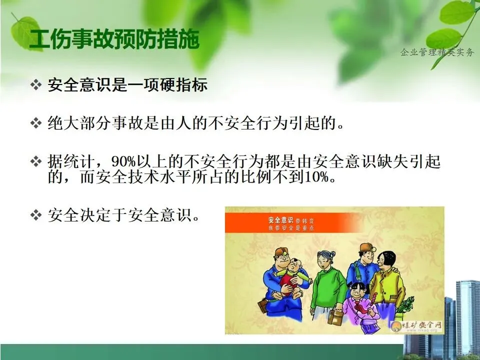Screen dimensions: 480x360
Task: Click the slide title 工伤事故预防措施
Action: coord(114,39)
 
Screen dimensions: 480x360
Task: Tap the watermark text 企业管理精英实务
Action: coord(437,52)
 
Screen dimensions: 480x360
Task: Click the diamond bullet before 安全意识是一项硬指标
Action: coord(36,84)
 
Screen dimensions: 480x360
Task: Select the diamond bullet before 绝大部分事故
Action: coord(36,123)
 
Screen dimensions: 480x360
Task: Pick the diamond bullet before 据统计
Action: coord(36,161)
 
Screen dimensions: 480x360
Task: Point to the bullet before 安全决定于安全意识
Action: coord(36,215)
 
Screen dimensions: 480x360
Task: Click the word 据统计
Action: coord(71,161)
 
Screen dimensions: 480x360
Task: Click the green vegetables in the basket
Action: coord(405,304)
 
